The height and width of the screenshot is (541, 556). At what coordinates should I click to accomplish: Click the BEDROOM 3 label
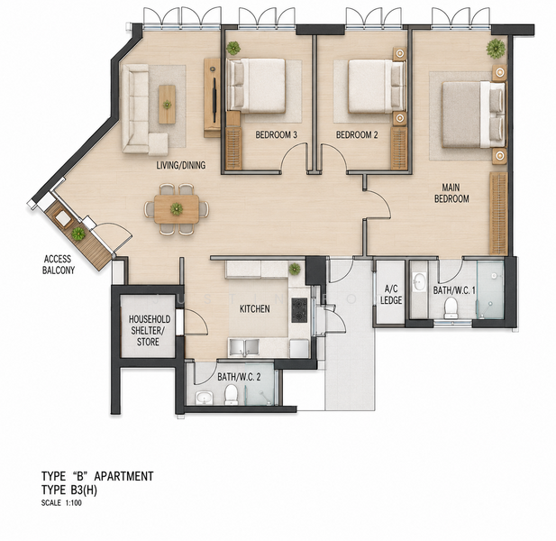277,135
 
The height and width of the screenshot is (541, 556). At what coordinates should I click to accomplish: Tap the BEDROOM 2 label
357,135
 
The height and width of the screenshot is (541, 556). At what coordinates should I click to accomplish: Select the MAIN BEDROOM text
451,193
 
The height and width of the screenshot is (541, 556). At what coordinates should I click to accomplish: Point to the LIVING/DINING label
181,165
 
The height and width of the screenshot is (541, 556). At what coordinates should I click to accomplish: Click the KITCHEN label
255,309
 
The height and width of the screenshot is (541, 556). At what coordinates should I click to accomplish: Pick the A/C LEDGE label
391,295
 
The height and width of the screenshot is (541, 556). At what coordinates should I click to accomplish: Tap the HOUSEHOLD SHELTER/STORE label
149,331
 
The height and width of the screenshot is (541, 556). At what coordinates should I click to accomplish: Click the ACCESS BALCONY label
59,265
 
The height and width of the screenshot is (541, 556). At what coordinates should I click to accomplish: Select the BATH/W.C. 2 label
239,377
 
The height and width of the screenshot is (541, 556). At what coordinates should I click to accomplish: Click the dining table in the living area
177,209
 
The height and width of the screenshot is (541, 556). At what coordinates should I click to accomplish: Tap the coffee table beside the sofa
167,105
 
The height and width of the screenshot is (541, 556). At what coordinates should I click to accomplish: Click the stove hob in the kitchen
299,310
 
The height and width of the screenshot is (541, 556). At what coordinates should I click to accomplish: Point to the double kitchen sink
243,347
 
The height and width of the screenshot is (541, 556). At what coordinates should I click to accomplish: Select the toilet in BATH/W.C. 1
451,307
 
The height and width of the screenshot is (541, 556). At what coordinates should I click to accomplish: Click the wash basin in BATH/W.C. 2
205,398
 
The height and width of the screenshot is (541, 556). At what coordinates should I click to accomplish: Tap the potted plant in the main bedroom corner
496,49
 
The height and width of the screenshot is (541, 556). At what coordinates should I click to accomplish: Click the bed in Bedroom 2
377,87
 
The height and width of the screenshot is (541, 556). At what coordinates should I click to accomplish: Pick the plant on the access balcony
78,234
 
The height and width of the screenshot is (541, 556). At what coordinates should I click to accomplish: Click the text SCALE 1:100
61,503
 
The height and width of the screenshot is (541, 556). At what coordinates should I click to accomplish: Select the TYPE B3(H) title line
69,490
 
